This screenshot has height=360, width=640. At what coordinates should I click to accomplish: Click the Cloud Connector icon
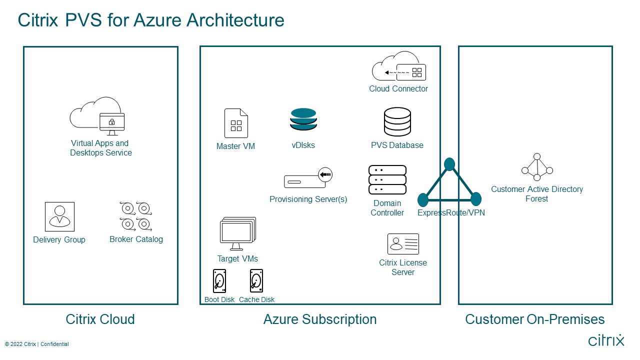tap(398, 66)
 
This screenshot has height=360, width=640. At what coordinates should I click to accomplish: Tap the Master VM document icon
tap(236, 123)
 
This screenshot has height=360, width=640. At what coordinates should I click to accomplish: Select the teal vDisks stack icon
tap(303, 119)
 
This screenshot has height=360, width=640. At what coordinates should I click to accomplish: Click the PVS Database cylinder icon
tap(397, 122)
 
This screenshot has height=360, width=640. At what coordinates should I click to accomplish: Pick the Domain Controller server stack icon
tap(387, 179)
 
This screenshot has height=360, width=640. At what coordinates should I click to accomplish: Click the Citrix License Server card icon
tap(403, 244)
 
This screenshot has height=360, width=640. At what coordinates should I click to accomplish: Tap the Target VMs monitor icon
tap(238, 234)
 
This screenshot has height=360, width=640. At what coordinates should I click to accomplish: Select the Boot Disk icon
tap(219, 281)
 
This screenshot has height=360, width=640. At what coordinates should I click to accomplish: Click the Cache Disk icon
tap(256, 281)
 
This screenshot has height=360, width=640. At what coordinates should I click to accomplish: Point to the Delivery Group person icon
tap(59, 216)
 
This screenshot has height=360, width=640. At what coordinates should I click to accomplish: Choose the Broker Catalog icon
tap(136, 216)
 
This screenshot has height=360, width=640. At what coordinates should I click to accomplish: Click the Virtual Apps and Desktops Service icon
tap(98, 116)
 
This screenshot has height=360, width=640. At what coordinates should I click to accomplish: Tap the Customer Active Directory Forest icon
tap(537, 167)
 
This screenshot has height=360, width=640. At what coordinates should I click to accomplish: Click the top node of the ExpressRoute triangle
tap(449, 164)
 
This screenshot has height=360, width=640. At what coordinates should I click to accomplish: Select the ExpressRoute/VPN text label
tap(451, 212)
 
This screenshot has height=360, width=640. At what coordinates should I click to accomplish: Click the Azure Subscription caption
tap(320, 319)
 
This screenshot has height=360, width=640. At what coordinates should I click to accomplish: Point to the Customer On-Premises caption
tap(535, 319)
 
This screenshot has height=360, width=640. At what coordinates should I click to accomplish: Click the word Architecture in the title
tap(235, 20)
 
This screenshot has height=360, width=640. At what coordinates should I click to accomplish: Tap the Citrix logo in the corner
tap(606, 340)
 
